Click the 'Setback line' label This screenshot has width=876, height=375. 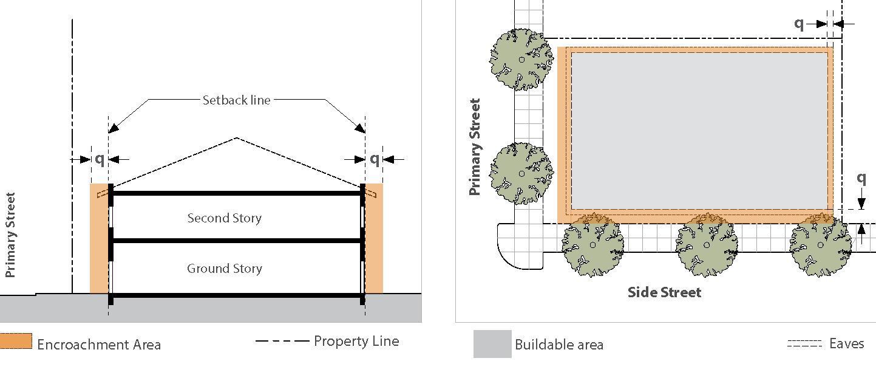(x=236, y=100)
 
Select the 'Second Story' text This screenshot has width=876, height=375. (x=224, y=218)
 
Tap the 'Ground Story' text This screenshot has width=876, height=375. (x=224, y=268)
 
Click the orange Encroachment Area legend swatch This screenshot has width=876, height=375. (x=16, y=341)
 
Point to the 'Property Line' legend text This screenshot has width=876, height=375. (x=356, y=341)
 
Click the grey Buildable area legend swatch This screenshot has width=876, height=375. (x=492, y=344)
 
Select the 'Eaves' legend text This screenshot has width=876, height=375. (x=846, y=343)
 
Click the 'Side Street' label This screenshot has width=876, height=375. (x=664, y=292)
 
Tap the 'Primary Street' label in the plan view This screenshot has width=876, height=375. (x=475, y=147)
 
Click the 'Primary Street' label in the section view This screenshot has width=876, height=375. (x=10, y=235)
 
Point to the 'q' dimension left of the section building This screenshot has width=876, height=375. (x=100, y=159)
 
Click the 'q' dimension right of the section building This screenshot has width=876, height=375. (x=375, y=159)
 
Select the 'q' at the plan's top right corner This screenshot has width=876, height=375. (x=799, y=23)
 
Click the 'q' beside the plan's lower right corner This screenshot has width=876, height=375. (x=861, y=178)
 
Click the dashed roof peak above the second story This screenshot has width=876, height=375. (x=236, y=139)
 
